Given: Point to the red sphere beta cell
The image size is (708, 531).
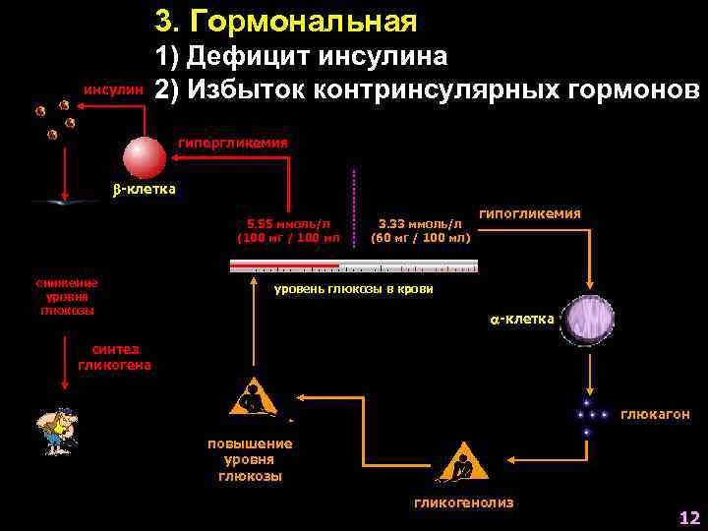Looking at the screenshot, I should click(x=145, y=156).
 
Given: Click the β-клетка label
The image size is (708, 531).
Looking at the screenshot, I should click(x=143, y=189).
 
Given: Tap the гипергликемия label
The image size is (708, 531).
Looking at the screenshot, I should click(x=232, y=143).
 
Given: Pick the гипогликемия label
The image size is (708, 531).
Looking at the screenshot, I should click(x=529, y=213).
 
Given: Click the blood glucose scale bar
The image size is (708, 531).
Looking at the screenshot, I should click(x=353, y=265).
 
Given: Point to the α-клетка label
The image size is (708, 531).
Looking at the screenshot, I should click(x=521, y=319).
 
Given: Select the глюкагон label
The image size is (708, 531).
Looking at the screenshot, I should click(x=655, y=415).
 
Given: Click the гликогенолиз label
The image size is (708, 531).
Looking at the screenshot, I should click(x=463, y=502).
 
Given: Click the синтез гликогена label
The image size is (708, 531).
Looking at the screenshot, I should click(x=114, y=357).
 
